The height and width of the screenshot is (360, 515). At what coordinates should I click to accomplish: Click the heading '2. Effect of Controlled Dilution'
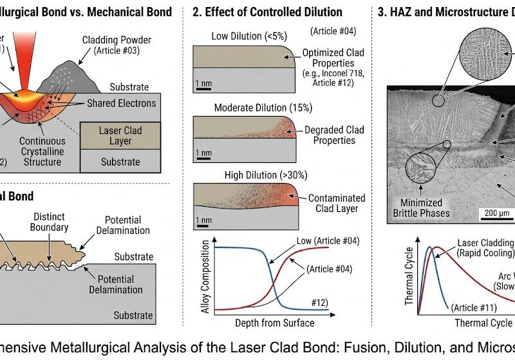click(269, 12)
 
